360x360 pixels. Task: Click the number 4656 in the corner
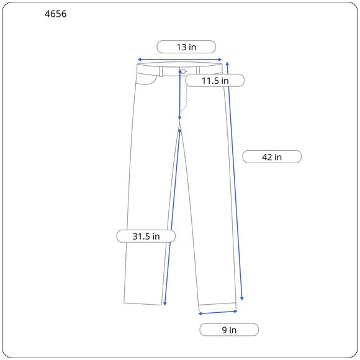pos(56,14)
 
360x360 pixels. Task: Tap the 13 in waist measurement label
pos(186,47)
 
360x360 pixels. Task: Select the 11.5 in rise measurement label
pos(215,81)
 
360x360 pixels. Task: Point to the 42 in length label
pos(272,157)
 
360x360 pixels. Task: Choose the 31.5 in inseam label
pos(146,236)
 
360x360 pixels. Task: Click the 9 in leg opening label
pos(229,330)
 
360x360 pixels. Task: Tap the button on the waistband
pos(183,71)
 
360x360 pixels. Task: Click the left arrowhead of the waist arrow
pos(139,60)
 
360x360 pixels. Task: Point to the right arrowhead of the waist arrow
pos(220,60)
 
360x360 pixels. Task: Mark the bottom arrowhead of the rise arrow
pos(180,118)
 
